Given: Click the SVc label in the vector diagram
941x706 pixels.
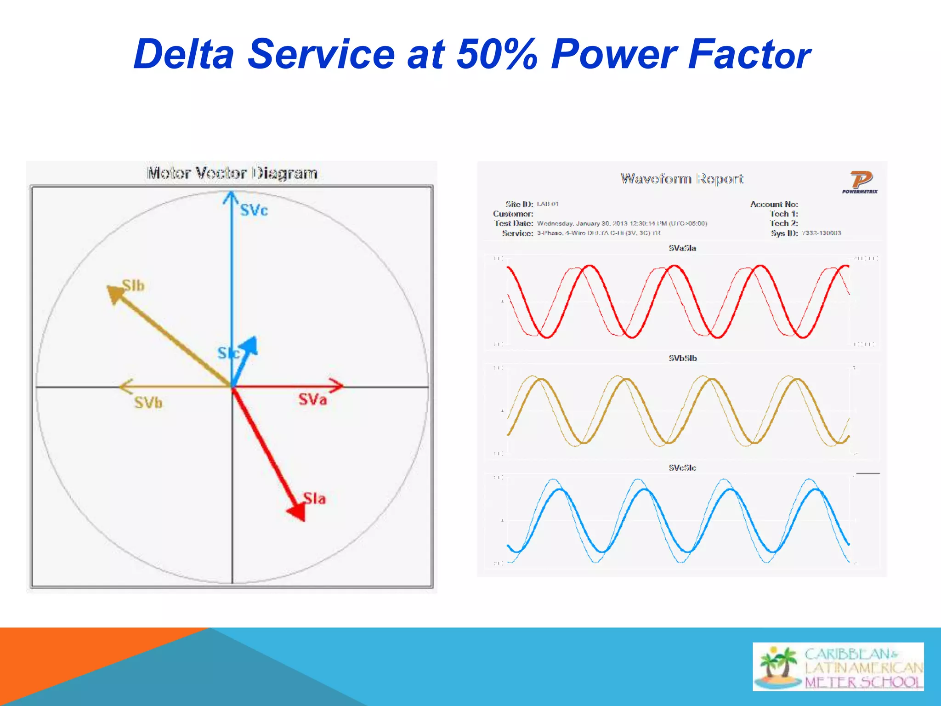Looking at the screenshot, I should click(254, 211).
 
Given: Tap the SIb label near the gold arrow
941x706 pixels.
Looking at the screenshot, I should click(133, 285).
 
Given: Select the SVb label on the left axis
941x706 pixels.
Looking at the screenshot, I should click(148, 403).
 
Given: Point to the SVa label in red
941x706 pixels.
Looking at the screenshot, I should click(313, 399).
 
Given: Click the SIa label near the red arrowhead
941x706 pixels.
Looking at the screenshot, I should click(315, 498).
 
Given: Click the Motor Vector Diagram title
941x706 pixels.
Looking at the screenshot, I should click(232, 173).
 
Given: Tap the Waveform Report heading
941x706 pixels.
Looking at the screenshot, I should click(682, 178).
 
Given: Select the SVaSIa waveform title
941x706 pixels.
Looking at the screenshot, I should click(682, 248).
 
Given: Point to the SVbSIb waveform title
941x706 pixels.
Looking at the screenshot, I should click(682, 358).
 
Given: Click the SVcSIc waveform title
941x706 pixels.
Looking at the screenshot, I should click(682, 467).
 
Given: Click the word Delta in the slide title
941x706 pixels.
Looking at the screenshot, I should click(184, 54).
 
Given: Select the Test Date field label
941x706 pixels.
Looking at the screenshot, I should click(514, 223).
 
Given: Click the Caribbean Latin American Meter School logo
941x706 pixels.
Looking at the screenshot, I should click(838, 667).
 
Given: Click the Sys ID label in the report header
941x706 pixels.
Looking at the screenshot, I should click(784, 233).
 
